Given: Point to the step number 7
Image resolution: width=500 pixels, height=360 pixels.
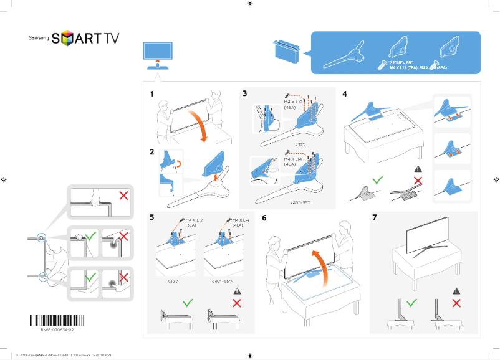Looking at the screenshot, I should tap(374, 218).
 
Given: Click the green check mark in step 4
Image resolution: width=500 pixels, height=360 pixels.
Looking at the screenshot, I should tap(377, 181).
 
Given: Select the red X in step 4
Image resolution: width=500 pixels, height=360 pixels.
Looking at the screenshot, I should tap(418, 181).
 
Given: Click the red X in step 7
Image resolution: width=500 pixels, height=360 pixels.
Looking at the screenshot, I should tap(456, 303).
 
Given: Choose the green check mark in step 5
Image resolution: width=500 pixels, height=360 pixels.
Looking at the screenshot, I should tap(188, 303).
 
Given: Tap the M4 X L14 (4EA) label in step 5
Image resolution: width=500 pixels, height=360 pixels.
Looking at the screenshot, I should tap(241, 223).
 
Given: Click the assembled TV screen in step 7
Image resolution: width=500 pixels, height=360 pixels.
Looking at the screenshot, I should tap(428, 234).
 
